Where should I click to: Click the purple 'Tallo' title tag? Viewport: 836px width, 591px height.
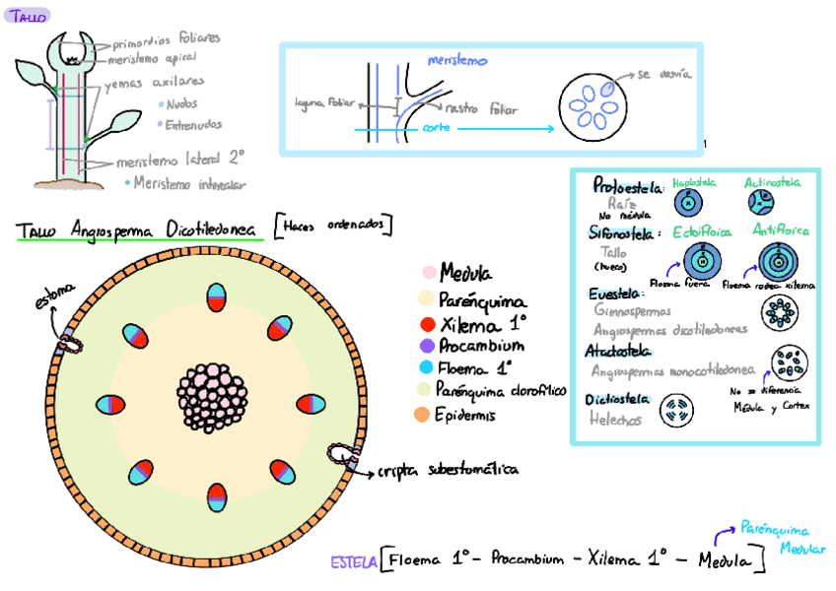[x=26, y=16]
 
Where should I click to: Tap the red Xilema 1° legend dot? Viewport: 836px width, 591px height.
[x=427, y=324]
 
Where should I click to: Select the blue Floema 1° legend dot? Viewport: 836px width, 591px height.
[x=427, y=368]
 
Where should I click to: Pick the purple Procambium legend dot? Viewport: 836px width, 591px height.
[x=427, y=346]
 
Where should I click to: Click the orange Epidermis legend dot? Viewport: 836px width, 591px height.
[x=422, y=415]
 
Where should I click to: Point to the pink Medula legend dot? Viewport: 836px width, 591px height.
[x=429, y=273]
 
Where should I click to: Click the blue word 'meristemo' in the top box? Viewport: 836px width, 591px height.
[x=456, y=61]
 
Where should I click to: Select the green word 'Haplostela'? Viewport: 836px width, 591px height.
[x=694, y=183]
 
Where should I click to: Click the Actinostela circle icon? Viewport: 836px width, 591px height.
[x=760, y=203]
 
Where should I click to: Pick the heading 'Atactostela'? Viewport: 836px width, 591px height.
[x=617, y=351]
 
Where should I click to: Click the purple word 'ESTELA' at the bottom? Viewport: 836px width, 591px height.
[x=353, y=562]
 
